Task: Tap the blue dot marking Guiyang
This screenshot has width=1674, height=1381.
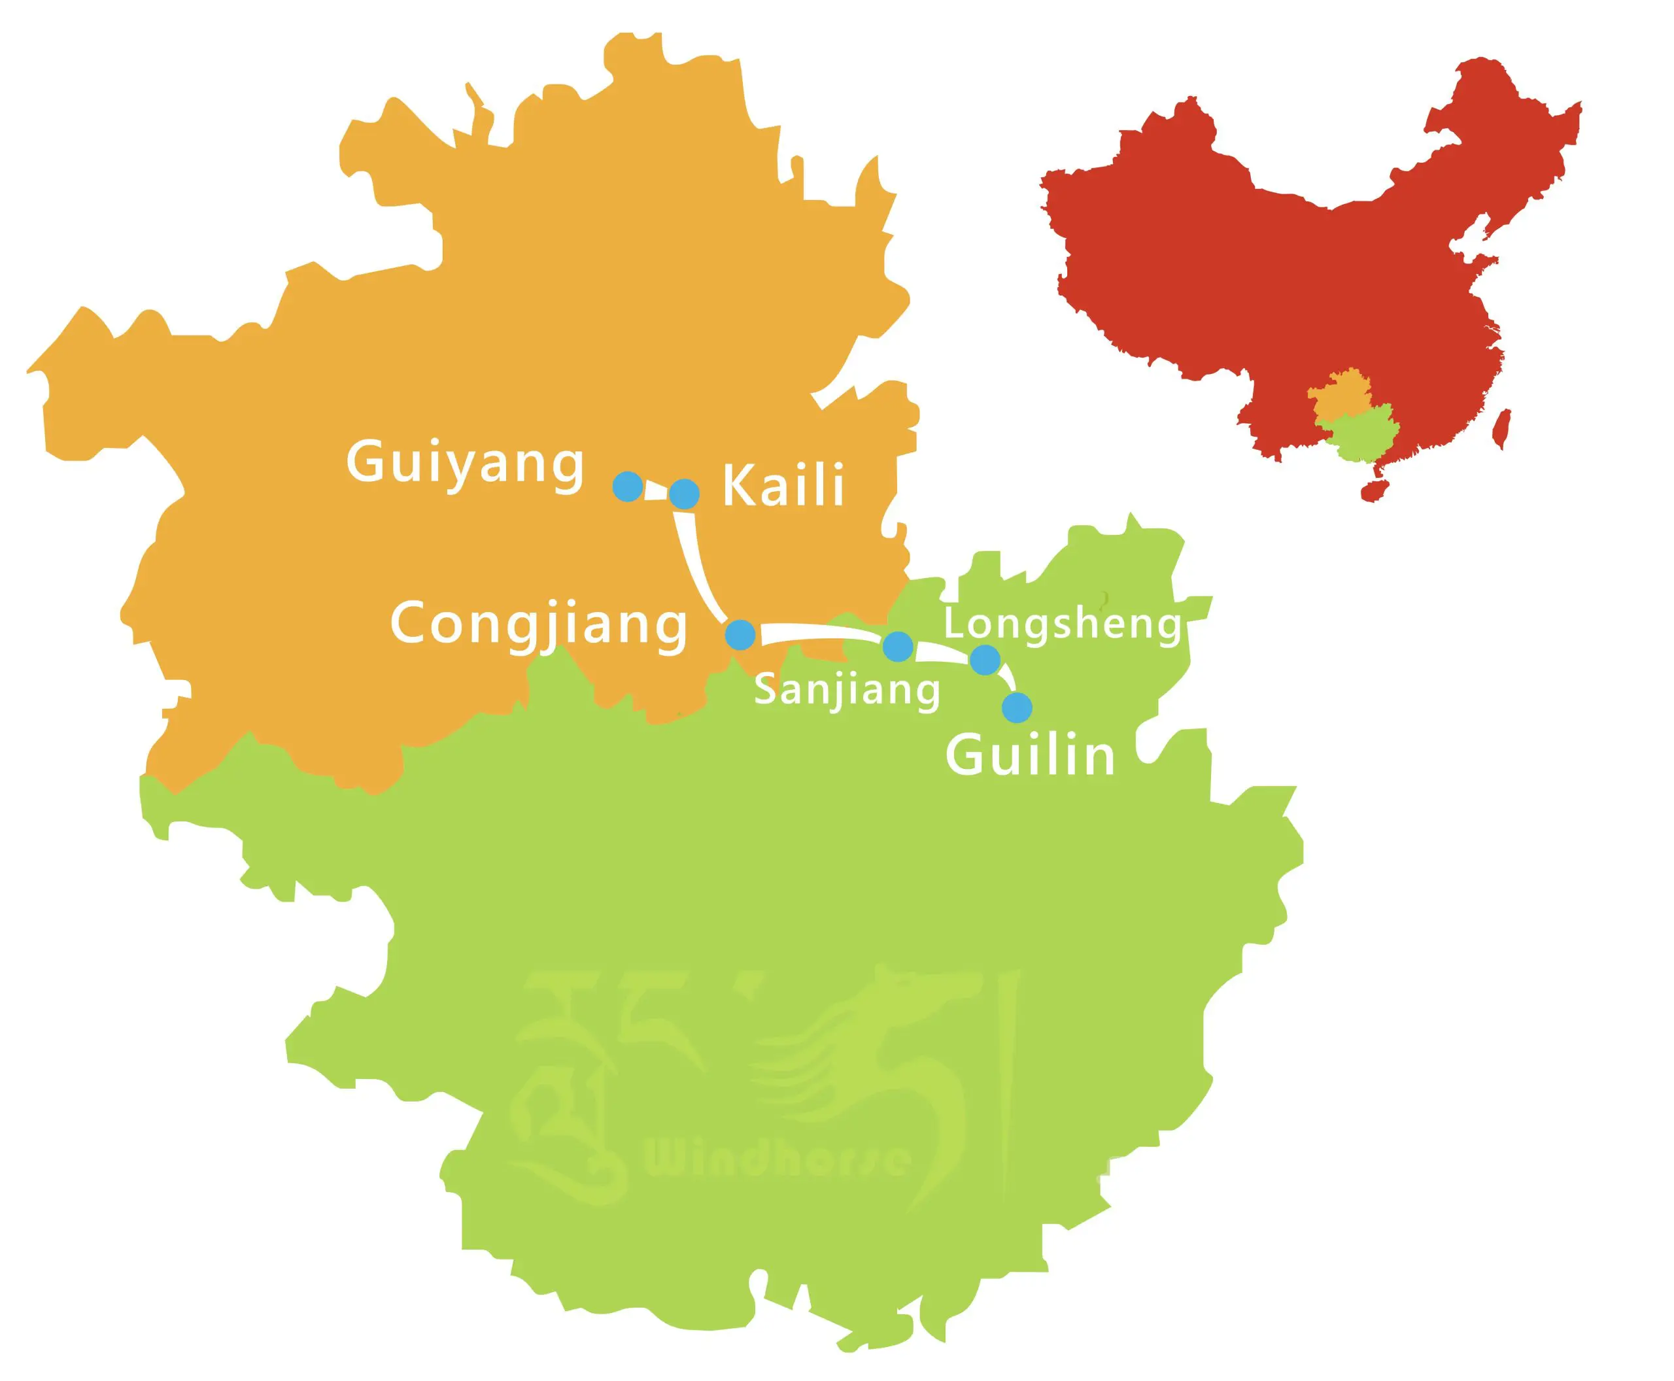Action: (x=628, y=485)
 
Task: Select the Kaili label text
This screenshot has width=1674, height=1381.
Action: (x=783, y=487)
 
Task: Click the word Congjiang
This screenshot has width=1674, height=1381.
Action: (x=539, y=624)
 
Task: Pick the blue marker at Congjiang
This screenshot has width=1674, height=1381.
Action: (x=741, y=634)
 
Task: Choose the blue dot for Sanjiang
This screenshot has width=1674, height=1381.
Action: (x=897, y=646)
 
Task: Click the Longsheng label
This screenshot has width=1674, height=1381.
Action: (x=1062, y=624)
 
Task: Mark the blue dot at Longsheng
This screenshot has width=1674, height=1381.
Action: (x=985, y=658)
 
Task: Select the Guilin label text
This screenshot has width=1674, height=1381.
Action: (x=1031, y=756)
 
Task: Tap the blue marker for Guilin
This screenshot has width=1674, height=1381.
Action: (x=1017, y=706)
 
